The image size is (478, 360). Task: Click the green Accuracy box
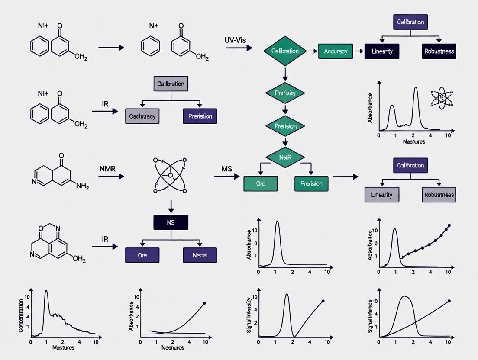(336, 51)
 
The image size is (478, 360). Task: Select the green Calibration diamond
(285, 51)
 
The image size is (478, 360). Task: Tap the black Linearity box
(382, 51)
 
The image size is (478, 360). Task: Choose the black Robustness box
(439, 51)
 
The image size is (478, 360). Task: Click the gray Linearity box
(382, 195)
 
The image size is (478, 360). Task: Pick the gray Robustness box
(439, 195)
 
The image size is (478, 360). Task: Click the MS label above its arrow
(227, 168)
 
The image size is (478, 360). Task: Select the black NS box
(171, 222)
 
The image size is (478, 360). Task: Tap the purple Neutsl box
(200, 255)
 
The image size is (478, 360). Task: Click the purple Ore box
(142, 255)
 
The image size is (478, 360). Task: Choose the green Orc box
(260, 183)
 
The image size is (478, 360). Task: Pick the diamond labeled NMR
(285, 157)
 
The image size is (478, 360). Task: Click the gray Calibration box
(171, 84)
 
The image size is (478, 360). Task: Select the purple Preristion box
(200, 116)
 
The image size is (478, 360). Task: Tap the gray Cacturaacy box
(142, 116)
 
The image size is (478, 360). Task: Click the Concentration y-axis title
(21, 312)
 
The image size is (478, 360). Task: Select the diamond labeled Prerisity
(285, 93)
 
